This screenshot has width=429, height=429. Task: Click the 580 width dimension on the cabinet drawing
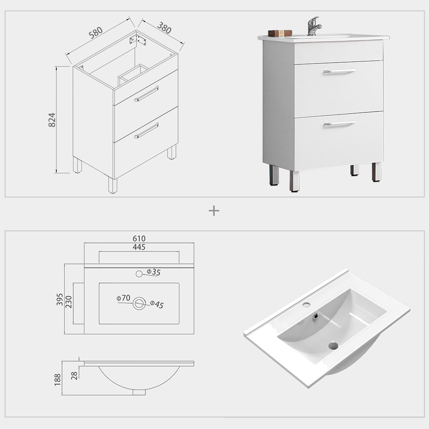coord(96,32)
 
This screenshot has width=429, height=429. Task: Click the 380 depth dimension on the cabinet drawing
coord(164,28)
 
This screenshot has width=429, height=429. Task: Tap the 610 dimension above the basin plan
coord(139,239)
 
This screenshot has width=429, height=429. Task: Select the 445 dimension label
coord(139,247)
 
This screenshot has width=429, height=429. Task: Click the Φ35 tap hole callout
coord(153,272)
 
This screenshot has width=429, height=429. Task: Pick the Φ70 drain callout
coord(123,298)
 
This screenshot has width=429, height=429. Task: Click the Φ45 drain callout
coord(157,304)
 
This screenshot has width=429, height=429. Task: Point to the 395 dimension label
coord(60,299)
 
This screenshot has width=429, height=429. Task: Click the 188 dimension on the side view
coord(57,379)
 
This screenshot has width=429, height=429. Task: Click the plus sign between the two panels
coord(214,211)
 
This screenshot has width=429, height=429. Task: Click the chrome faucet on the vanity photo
coord(314,26)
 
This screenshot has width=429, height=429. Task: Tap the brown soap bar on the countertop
coord(280,33)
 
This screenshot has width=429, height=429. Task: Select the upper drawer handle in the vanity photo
coord(339,71)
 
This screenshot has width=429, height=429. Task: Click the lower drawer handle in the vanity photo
coord(339,124)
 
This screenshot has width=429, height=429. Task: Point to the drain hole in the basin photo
coord(333,345)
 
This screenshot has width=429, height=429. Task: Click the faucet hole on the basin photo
coord(306,305)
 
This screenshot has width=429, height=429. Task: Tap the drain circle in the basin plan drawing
coord(139,303)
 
